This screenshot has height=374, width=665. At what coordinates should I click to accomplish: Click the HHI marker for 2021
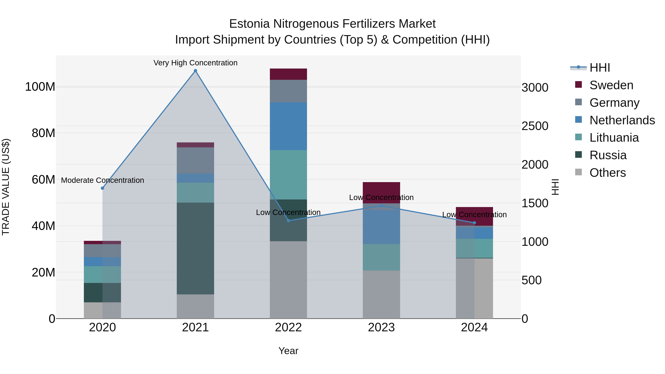(195, 71)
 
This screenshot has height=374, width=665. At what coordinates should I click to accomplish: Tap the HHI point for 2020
(103, 188)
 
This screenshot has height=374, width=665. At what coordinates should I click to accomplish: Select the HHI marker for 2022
(288, 220)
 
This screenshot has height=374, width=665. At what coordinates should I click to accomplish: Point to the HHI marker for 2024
(474, 223)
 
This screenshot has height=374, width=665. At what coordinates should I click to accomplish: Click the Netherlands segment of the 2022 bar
(288, 126)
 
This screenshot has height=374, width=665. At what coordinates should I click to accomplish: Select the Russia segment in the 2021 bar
(195, 248)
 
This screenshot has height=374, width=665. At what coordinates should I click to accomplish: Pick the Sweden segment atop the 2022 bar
(288, 74)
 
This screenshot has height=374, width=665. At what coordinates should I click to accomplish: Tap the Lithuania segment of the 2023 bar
(381, 257)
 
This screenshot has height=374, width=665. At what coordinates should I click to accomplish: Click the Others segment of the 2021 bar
(195, 306)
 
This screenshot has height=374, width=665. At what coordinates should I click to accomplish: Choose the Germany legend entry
(614, 103)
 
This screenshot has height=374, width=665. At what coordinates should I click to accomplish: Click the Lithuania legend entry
(614, 138)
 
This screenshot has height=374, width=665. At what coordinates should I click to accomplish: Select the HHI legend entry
(600, 68)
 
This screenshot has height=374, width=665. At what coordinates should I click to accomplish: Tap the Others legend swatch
(579, 172)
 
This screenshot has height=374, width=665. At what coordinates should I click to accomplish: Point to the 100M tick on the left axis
(40, 87)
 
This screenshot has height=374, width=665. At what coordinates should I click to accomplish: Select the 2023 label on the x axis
(381, 327)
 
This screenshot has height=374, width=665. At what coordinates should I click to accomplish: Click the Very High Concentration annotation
(195, 63)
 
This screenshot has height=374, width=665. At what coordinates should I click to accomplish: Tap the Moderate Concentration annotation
(103, 180)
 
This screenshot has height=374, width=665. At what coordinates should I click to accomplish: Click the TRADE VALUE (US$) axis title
(6, 187)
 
